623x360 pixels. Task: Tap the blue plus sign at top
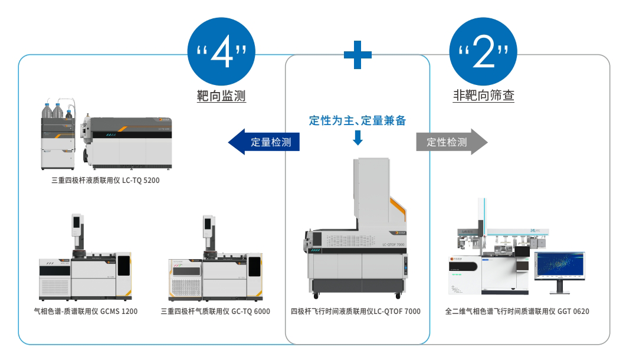(358, 55)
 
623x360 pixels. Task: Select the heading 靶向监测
(221, 95)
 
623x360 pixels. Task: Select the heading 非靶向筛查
(483, 95)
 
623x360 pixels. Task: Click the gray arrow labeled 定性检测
(452, 142)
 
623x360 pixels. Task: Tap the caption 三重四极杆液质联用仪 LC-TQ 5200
(106, 181)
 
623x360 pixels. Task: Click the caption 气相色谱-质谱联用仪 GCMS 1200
(86, 311)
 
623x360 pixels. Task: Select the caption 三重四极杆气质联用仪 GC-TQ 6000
(215, 311)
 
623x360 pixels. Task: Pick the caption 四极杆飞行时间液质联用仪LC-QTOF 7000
(356, 311)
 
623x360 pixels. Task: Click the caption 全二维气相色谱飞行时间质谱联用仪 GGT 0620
(517, 311)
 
